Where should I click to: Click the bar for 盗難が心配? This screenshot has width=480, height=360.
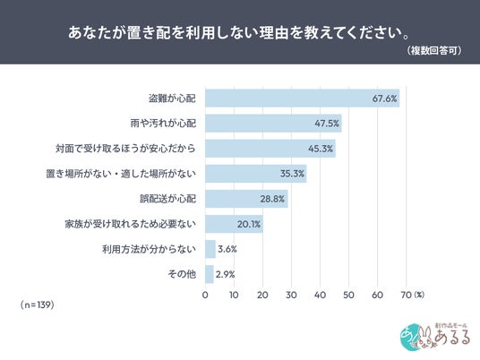(303, 99)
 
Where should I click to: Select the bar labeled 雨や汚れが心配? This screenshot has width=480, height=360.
(273, 124)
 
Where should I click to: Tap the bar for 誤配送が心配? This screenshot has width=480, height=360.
(246, 199)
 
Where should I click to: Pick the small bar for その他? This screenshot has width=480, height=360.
(210, 274)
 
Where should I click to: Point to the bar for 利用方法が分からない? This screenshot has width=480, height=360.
(210, 249)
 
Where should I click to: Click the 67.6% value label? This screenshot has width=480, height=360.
(384, 99)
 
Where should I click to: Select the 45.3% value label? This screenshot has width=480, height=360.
(321, 149)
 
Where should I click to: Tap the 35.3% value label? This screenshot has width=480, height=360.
(292, 174)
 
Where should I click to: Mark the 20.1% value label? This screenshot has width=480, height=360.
(249, 224)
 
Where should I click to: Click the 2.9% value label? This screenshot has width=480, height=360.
(225, 274)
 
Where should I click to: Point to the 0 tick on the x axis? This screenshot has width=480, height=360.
(205, 295)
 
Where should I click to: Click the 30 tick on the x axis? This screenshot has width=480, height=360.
(291, 295)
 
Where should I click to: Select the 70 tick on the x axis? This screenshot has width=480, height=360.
(406, 295)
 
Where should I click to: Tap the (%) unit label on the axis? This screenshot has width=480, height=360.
(419, 295)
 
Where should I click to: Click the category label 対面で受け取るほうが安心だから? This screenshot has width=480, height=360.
(125, 149)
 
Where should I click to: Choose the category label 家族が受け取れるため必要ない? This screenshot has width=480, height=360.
(130, 224)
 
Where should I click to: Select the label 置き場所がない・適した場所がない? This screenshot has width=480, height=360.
(121, 174)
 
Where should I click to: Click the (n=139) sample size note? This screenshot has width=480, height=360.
(38, 304)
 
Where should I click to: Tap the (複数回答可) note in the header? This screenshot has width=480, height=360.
(434, 50)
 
